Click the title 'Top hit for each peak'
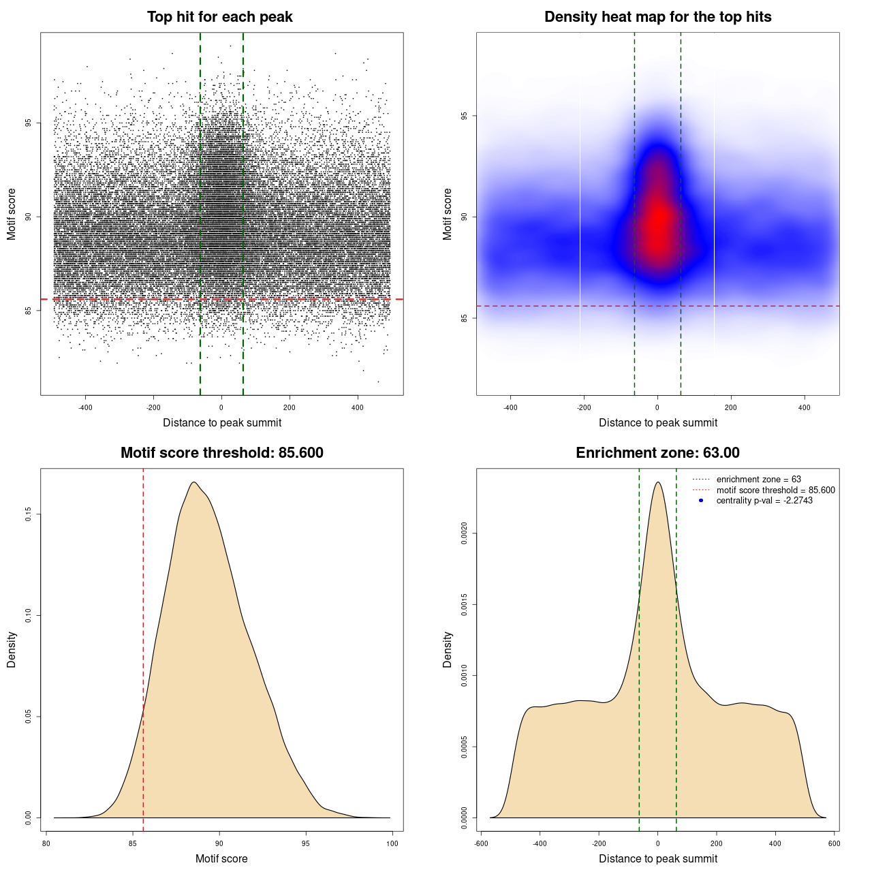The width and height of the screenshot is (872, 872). click(x=219, y=17)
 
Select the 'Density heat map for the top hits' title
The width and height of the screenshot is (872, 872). click(x=657, y=17)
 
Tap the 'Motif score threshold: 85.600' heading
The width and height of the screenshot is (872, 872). click(x=221, y=453)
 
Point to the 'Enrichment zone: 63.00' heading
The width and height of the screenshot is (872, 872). click(x=657, y=453)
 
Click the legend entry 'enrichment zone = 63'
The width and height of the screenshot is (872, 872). click(x=758, y=480)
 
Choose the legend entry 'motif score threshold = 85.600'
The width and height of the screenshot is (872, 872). click(x=775, y=490)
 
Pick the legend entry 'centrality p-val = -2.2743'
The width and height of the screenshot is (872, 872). click(x=764, y=501)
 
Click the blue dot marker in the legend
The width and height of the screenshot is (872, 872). click(x=701, y=501)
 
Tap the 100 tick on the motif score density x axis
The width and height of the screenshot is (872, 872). click(x=392, y=843)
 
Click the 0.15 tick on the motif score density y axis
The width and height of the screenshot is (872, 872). click(x=29, y=514)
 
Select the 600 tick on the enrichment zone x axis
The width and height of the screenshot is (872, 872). click(x=834, y=843)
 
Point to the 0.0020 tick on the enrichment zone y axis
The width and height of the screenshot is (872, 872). click(x=464, y=533)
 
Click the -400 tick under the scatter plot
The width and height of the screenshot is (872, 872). click(x=85, y=407)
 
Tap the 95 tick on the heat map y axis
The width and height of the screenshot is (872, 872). click(x=464, y=116)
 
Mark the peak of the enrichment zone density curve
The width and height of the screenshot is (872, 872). click(x=657, y=482)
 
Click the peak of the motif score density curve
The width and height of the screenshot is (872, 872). click(x=194, y=482)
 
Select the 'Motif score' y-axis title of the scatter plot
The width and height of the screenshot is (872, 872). click(x=12, y=215)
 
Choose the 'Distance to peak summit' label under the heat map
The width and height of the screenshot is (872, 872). click(x=657, y=423)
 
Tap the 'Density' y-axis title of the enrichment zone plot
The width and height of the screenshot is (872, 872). click(x=448, y=649)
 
